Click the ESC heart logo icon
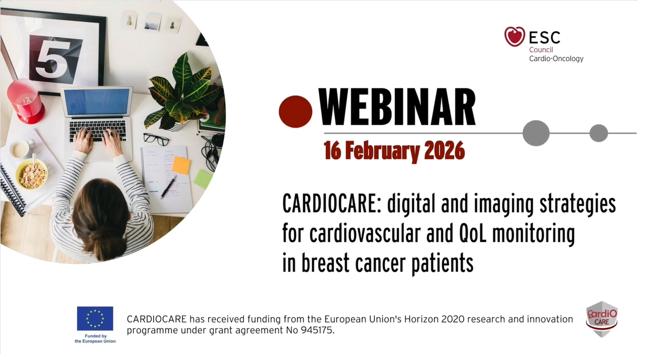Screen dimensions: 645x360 (514, 37)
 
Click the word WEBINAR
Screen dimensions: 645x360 (397, 107)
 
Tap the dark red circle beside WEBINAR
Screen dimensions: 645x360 (295, 112)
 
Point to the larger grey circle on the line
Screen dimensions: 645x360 (536, 133)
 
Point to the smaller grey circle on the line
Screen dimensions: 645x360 (599, 133)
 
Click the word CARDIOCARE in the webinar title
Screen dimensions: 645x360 (330, 204)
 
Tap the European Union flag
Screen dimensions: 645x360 (95, 319)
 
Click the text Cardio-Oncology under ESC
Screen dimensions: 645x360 (556, 59)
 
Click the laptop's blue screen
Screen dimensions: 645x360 (96, 102)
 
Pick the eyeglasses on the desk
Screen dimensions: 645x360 (156, 139)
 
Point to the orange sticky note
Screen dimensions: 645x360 (181, 166)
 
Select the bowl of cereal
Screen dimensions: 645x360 (31, 174)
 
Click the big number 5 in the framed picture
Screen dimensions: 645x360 (54, 61)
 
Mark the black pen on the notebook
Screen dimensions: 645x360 (168, 188)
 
